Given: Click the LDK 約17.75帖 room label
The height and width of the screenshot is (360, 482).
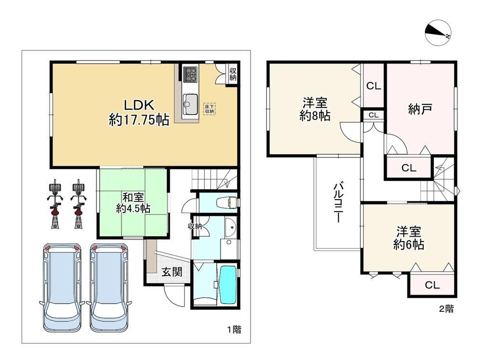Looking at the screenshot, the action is click(139, 112).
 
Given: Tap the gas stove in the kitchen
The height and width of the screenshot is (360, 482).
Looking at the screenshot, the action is click(190, 74).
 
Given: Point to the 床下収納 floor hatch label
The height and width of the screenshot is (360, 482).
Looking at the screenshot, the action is click(209, 109).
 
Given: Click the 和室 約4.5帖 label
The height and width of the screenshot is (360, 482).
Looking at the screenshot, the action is click(133, 203).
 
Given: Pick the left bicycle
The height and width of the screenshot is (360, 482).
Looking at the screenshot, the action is click(55, 204).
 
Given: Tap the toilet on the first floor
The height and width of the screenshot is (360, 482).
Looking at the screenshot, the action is click(227, 202).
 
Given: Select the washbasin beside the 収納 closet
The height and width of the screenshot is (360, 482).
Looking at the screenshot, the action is click(230, 227).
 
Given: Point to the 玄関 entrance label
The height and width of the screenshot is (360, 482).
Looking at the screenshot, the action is click(172, 272).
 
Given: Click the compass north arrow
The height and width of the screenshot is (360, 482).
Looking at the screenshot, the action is click(438, 33).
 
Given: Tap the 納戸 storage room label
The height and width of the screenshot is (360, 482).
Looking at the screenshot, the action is click(420, 109).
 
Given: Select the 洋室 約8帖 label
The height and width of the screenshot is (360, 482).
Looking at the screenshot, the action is click(315, 109).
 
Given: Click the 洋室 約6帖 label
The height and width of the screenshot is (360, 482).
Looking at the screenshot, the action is click(409, 238).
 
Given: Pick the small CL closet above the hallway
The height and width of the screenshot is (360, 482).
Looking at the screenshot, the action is click(374, 115).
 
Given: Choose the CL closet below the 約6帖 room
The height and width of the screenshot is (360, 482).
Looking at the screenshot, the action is click(432, 285).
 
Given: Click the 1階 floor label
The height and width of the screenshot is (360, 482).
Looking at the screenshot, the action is click(234, 330).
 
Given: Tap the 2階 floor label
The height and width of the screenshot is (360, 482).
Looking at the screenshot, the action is click(446, 308).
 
